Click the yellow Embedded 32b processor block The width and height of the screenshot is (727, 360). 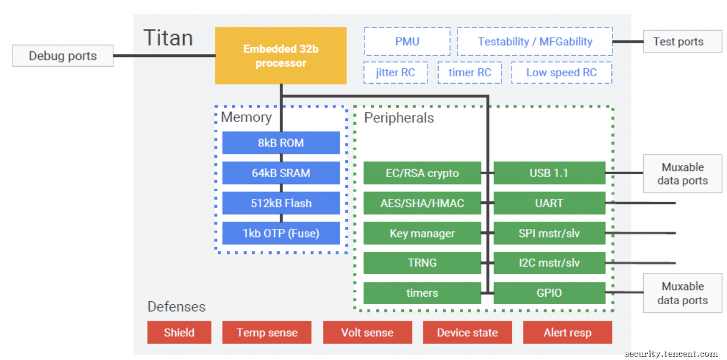281,55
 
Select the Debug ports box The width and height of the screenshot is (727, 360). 63,56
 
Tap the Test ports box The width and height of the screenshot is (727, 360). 683,42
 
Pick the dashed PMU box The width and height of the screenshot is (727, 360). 407,41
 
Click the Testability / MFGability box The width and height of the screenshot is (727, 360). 535,41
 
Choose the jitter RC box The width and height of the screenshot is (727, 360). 395,72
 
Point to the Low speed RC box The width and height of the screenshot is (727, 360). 561,72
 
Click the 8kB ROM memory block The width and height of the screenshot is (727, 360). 281,143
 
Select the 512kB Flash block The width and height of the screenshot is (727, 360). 281,203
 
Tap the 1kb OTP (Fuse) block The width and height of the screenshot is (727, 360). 281,233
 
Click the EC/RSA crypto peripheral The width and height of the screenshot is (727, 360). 422,173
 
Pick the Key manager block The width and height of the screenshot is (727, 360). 422,233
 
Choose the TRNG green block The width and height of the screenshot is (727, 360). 422,263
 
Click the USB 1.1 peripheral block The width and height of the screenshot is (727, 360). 549,173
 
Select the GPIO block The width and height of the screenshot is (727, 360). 549,293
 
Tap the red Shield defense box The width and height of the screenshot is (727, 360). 179,333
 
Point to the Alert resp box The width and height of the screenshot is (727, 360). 567,333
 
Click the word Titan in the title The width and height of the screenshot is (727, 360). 168,38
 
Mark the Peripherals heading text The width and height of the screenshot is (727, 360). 399,118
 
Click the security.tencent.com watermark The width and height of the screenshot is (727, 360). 671,353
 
